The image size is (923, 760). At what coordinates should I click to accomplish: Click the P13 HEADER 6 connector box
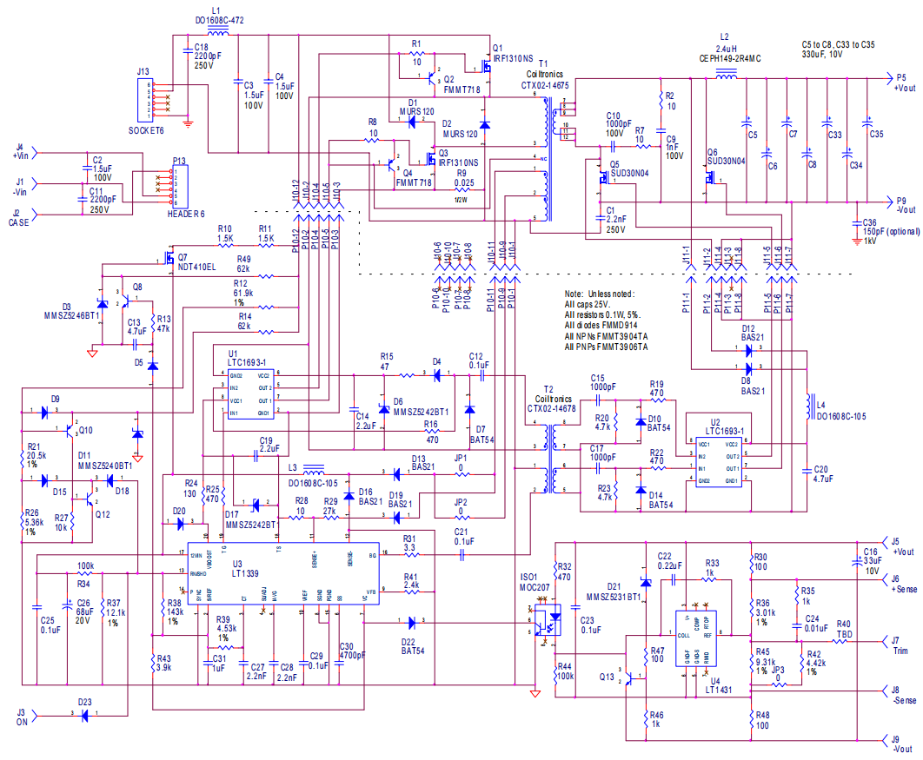[x=180, y=185]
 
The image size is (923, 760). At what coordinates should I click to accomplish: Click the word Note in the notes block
[x=574, y=294]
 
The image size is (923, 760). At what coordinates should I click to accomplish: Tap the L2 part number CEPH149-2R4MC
[x=729, y=59]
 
